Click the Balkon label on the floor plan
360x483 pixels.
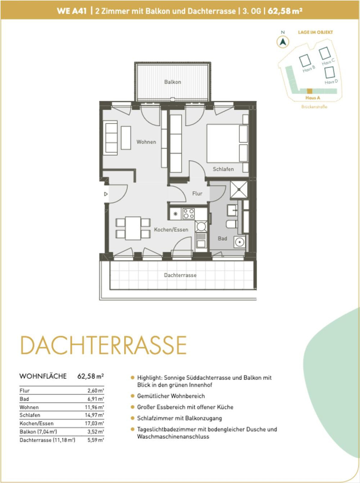(x=172, y=82)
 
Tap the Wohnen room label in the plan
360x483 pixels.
(x=146, y=142)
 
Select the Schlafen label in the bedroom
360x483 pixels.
(x=223, y=169)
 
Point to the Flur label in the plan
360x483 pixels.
(x=197, y=194)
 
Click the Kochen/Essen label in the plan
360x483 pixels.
(x=171, y=230)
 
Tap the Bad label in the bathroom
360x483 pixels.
(x=222, y=239)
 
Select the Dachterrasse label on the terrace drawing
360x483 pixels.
(x=180, y=275)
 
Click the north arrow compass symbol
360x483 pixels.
(x=283, y=42)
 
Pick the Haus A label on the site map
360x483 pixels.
(x=313, y=98)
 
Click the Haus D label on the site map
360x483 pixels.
(x=331, y=82)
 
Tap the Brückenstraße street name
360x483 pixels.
(x=314, y=107)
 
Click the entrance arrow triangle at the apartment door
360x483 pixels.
(x=106, y=194)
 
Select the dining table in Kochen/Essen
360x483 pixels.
(x=133, y=228)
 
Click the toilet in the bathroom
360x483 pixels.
(x=232, y=224)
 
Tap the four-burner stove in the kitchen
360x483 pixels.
(x=188, y=213)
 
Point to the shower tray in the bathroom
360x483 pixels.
(x=239, y=189)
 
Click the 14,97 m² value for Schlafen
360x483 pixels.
(x=94, y=415)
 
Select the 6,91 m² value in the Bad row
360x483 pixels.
(x=95, y=399)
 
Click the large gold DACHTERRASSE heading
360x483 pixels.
(x=103, y=345)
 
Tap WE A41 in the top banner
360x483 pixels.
(x=72, y=11)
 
